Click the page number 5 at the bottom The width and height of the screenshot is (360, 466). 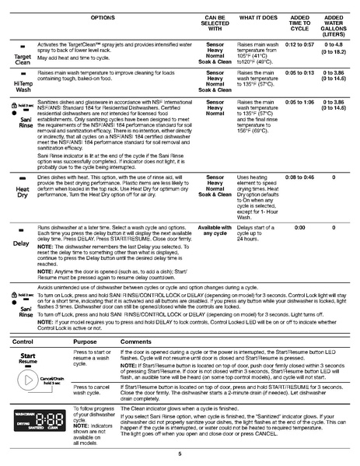pos(180,454)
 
